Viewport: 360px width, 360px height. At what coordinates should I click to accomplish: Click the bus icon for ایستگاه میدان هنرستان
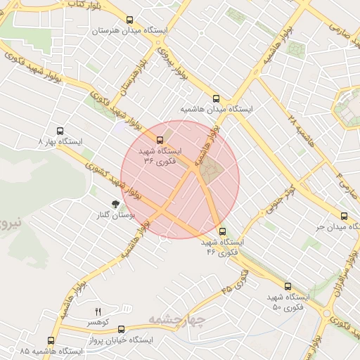[128, 20]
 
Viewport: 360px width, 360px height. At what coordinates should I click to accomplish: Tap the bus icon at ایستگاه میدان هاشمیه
[216, 99]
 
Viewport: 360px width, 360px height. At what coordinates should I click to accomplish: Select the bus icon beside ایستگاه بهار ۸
[60, 131]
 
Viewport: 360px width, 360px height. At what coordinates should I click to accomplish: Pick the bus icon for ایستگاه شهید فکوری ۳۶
[160, 140]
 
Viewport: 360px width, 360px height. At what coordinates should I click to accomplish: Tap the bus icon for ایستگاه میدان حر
[344, 216]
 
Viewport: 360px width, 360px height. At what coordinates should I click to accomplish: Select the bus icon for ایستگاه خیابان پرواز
[121, 329]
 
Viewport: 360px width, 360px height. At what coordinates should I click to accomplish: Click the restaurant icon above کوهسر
[98, 311]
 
